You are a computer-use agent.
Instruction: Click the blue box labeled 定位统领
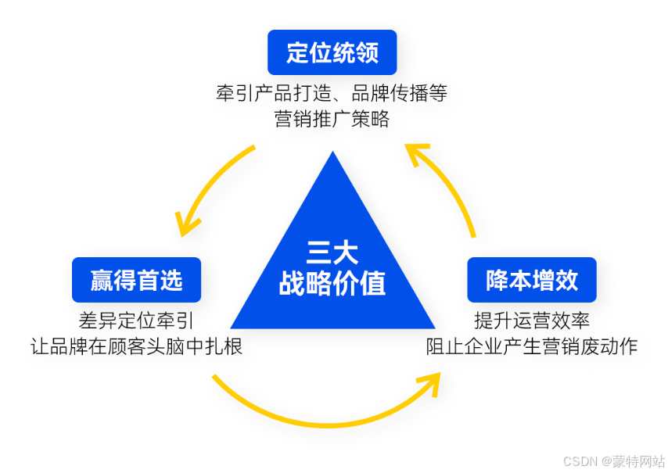(332, 52)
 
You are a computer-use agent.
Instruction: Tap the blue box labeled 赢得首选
(136, 280)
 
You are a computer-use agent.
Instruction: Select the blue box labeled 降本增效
(532, 280)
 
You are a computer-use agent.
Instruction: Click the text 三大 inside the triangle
(332, 253)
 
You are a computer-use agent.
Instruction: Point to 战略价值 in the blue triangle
(332, 283)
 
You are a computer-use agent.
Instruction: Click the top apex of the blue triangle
(333, 154)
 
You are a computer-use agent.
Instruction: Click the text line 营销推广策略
(332, 120)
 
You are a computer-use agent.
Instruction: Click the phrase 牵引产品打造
(270, 94)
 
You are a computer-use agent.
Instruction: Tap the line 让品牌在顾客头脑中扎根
(136, 346)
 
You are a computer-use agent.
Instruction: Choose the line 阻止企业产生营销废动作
(532, 346)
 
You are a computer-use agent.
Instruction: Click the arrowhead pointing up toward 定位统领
(415, 152)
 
